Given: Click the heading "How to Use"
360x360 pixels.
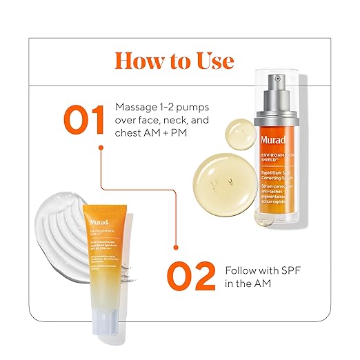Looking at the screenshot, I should pyautogui.click(x=173, y=61).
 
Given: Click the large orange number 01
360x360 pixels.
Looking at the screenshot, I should pyautogui.click(x=86, y=120).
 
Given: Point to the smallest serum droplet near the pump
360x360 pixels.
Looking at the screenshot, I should pyautogui.click(x=241, y=130).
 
